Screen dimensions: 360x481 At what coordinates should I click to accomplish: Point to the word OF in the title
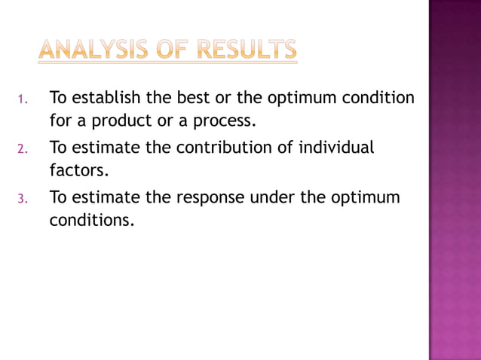click(173, 51)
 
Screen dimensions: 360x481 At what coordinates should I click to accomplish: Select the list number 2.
click(23, 149)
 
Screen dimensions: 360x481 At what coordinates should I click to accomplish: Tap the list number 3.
click(23, 200)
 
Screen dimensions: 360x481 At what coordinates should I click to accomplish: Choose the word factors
click(79, 170)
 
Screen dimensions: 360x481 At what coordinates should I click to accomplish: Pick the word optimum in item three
click(367, 197)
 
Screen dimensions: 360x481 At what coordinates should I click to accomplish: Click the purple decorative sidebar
click(455, 180)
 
